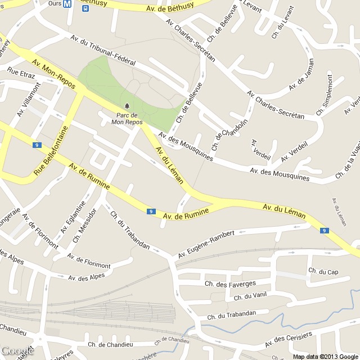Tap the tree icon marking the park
(x=127, y=106)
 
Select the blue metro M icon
(x=68, y=3)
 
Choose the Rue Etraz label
(x=21, y=73)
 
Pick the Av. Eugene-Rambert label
(x=206, y=245)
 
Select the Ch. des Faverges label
(x=231, y=284)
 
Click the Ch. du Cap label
(x=323, y=272)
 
